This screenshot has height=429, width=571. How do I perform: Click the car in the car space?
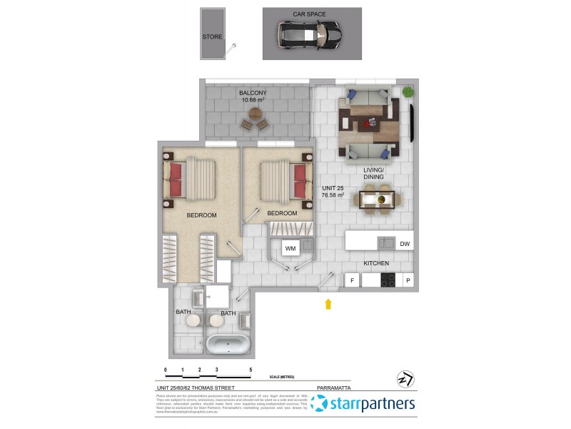[x=310, y=34]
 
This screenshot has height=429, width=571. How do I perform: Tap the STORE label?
[x=212, y=36]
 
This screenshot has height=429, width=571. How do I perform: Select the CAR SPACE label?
[x=310, y=14]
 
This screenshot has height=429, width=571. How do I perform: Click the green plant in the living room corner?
[x=408, y=92]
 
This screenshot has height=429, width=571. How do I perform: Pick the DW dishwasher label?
[x=405, y=245]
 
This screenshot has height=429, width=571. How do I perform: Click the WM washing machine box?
[x=290, y=248]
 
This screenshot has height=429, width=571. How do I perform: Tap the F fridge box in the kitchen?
[x=352, y=281]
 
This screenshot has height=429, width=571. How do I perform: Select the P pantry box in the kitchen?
[x=408, y=281]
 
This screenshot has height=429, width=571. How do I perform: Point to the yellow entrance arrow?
[x=328, y=304]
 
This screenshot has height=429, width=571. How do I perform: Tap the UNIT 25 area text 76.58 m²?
[x=333, y=194]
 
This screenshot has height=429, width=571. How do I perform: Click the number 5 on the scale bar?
[x=251, y=370]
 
